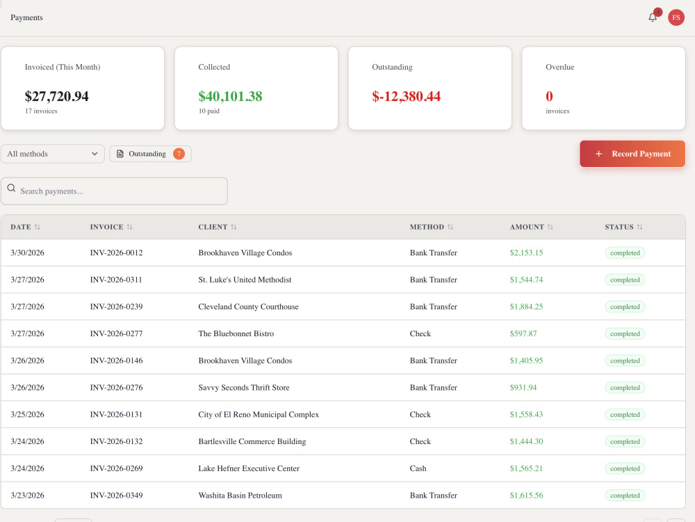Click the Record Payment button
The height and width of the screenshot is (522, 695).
[x=632, y=154]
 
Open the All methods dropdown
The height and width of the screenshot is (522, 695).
[x=52, y=154]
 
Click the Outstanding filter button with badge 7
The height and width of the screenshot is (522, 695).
[x=150, y=154]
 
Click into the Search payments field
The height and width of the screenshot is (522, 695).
[x=115, y=191]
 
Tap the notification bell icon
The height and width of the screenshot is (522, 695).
[x=653, y=17]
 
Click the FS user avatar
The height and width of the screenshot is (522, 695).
[x=676, y=17]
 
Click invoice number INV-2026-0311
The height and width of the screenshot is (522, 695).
[x=116, y=280]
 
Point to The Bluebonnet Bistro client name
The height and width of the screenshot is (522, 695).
[x=236, y=333]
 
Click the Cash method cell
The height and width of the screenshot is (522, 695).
[x=418, y=468]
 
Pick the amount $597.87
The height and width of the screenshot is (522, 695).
[x=523, y=333]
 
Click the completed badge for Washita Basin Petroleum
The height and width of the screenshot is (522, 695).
[x=625, y=496]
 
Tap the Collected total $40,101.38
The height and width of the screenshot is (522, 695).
[x=230, y=96]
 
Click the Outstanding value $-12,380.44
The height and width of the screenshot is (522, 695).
[x=406, y=96]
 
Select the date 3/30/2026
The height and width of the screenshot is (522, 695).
[x=28, y=253]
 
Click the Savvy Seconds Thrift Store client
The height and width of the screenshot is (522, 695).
[x=244, y=388]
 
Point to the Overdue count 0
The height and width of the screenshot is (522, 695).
[x=549, y=96]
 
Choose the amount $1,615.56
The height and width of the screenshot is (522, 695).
[x=526, y=496]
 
